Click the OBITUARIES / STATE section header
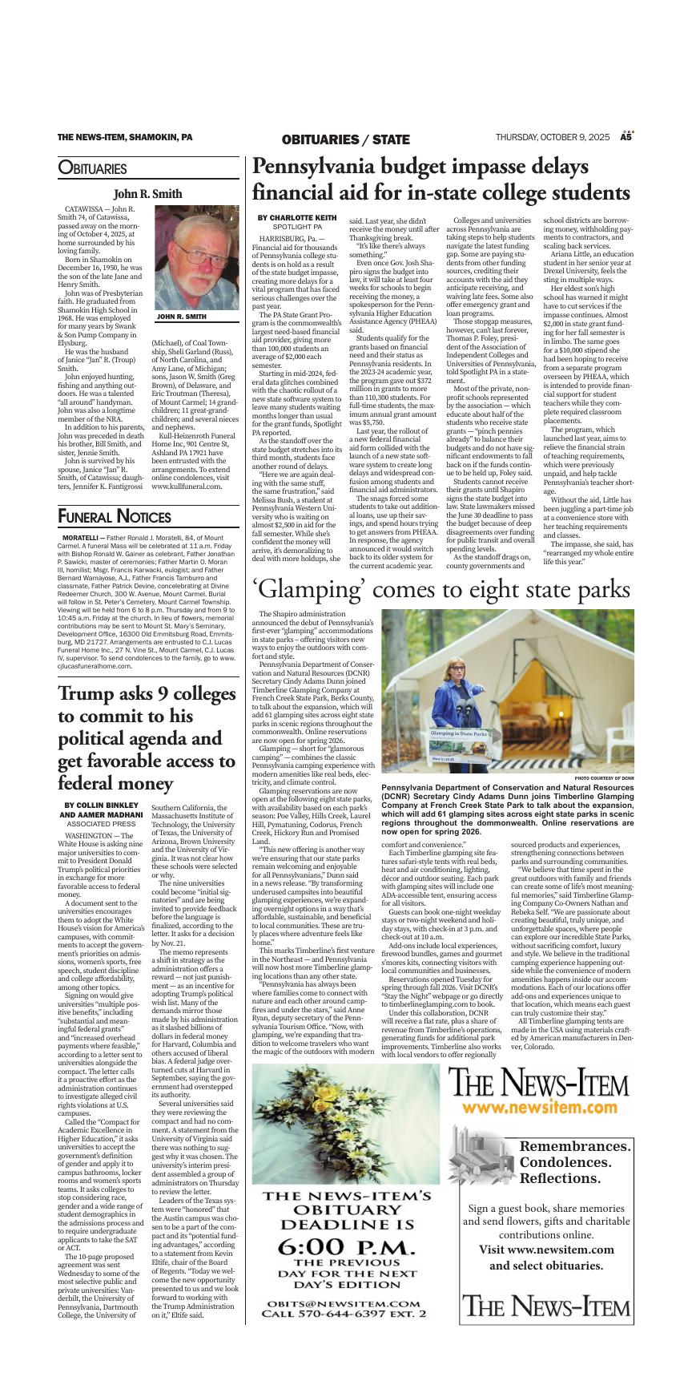[345, 139]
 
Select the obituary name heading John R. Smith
[147, 194]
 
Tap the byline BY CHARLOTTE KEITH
[297, 218]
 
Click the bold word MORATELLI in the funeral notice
[80, 537]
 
